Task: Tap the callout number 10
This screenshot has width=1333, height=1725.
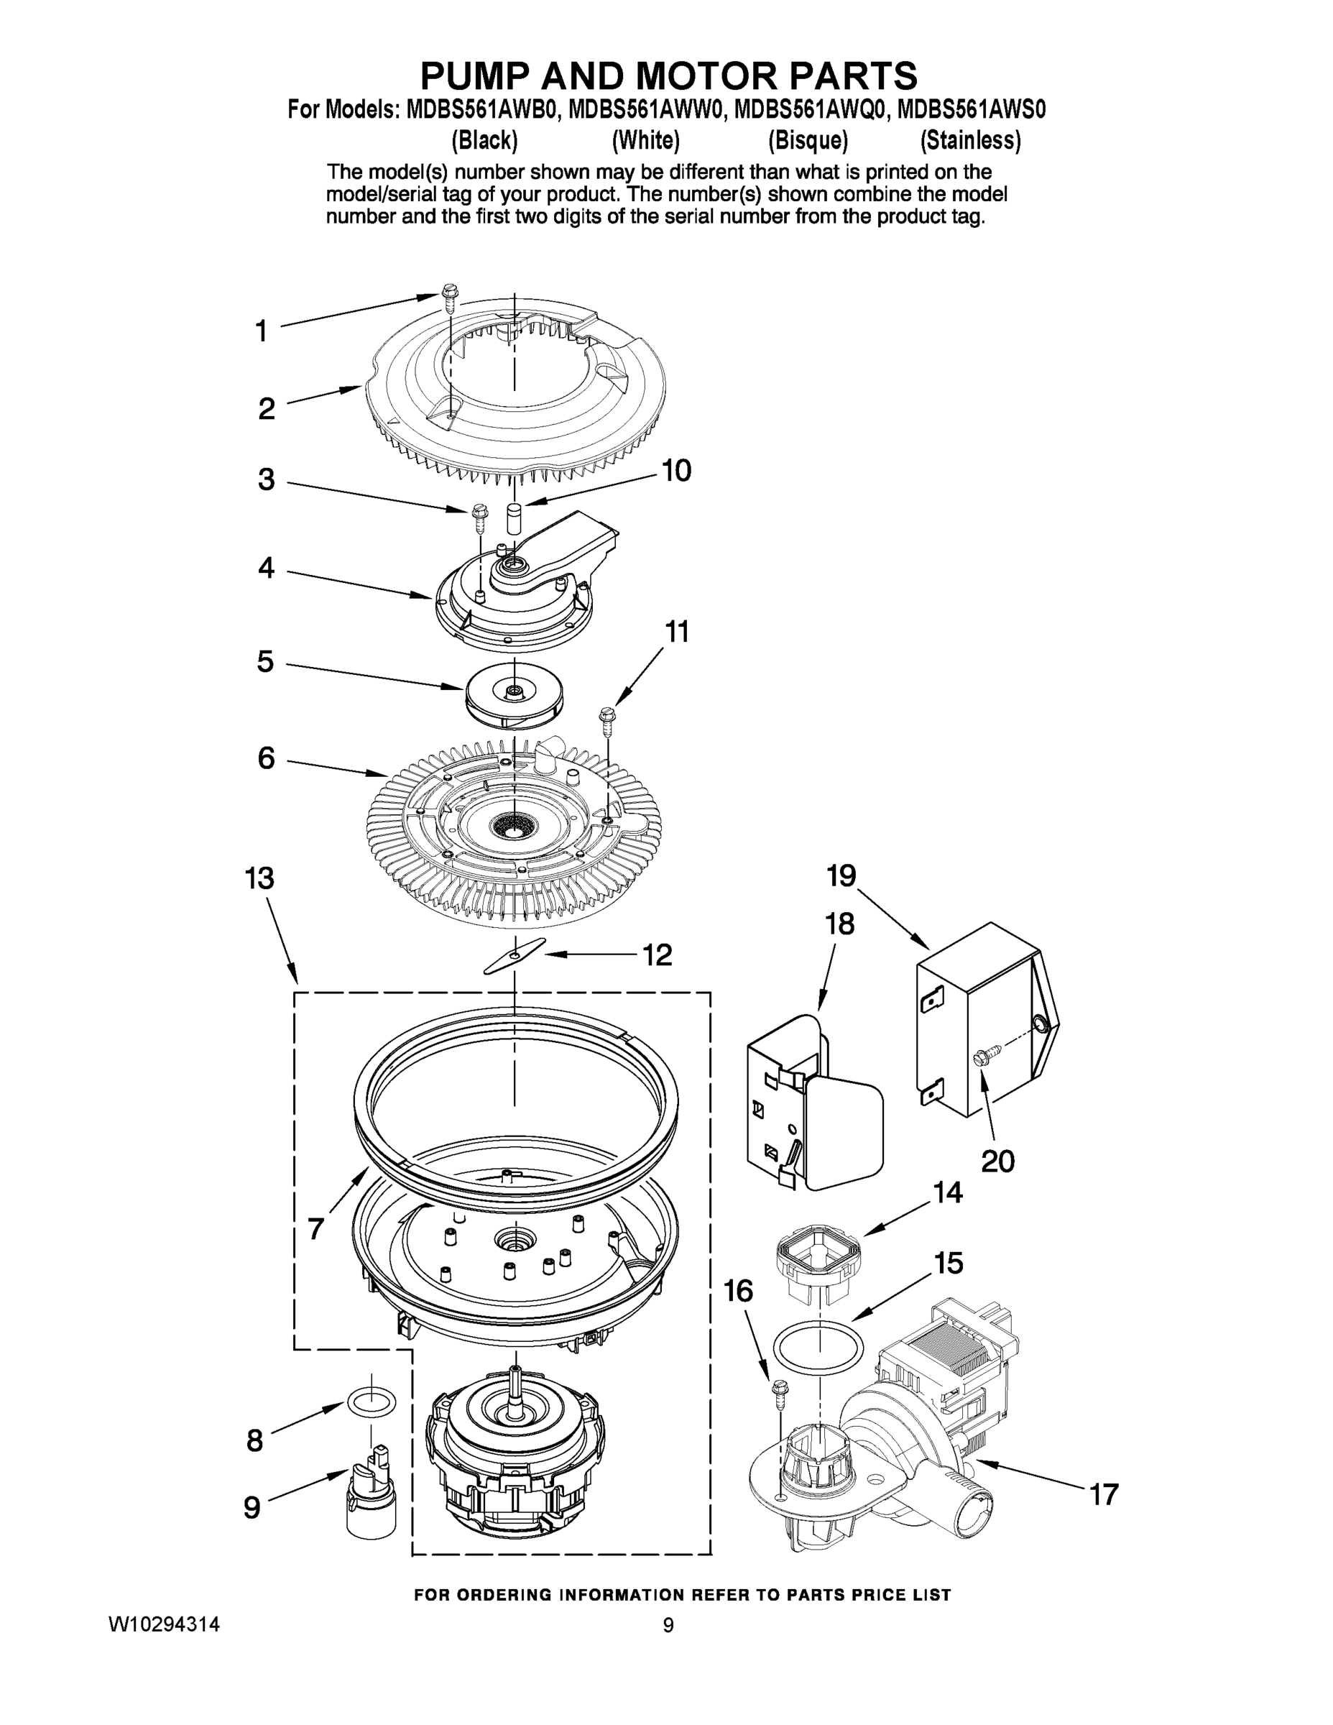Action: pos(676,471)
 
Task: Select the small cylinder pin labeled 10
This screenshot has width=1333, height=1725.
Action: pos(514,519)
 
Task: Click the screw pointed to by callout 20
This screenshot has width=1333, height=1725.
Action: pos(989,1053)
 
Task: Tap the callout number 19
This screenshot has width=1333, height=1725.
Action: pos(841,875)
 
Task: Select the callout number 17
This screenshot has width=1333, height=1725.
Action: pos(1104,1494)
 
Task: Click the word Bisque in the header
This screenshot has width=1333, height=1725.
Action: pos(808,141)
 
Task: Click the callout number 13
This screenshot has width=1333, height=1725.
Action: pos(260,878)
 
